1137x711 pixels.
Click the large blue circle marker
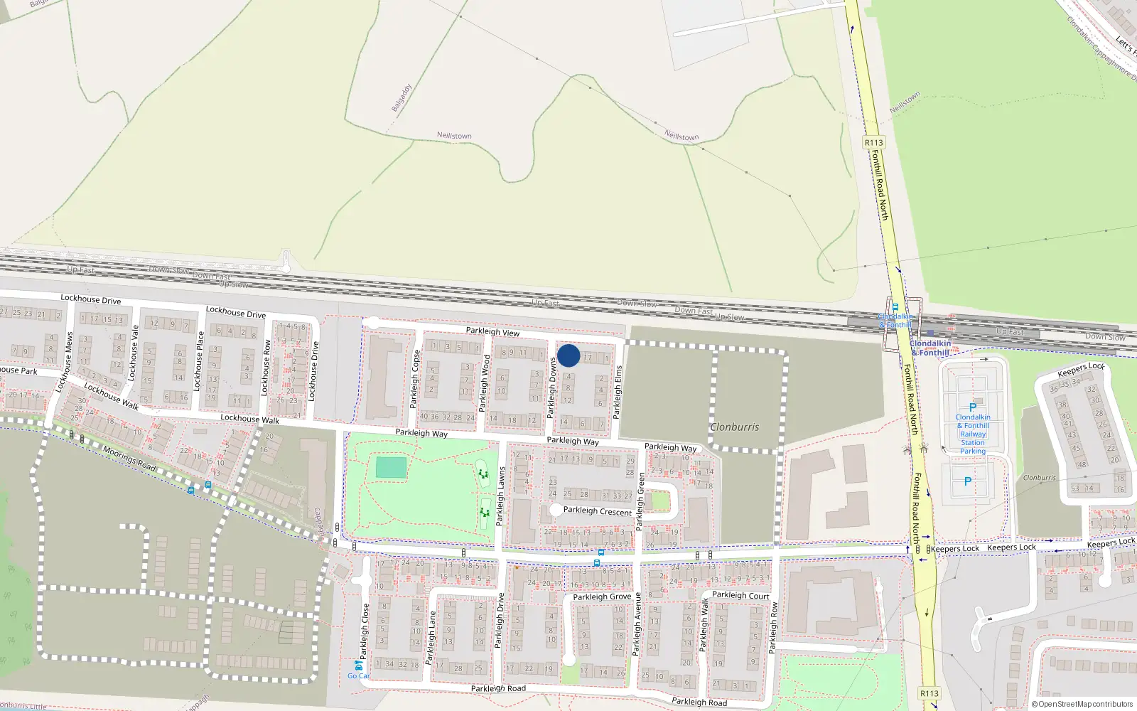568,355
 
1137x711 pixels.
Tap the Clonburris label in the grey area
735,427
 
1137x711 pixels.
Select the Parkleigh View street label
492,332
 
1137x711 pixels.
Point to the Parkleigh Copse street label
415,380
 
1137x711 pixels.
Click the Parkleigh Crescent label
597,511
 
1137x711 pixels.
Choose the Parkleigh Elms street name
618,392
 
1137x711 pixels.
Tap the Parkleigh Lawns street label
500,496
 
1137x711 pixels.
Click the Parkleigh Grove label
602,597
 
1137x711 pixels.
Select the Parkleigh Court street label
740,596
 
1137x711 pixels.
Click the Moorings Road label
129,459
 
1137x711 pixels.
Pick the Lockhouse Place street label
199,360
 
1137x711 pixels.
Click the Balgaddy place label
402,98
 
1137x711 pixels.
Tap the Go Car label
358,675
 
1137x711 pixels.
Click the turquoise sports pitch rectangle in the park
391,468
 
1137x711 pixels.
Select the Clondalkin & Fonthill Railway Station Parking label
973,434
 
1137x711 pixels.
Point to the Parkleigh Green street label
640,502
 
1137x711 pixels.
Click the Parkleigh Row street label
773,629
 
